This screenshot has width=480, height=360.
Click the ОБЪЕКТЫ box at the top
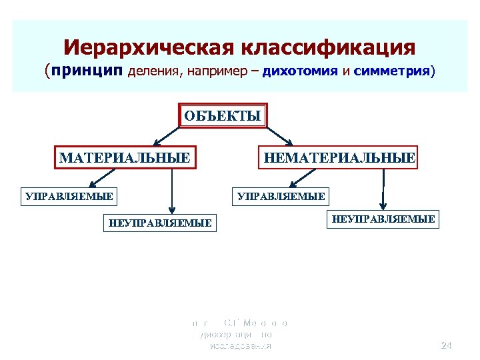click(222, 115)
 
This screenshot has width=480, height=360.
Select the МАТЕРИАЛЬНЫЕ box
click(125, 158)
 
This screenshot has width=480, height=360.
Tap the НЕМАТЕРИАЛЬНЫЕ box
click(340, 158)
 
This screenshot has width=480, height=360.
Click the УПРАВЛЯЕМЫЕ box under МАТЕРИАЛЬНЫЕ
click(68, 196)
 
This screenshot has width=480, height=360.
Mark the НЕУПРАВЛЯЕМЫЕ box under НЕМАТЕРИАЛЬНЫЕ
click(383, 219)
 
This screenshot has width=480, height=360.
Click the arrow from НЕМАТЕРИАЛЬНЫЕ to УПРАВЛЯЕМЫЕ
click(306, 177)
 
